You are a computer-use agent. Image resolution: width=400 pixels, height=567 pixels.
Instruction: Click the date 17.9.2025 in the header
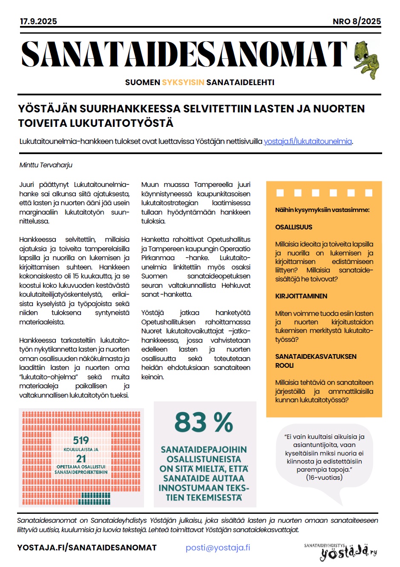38,21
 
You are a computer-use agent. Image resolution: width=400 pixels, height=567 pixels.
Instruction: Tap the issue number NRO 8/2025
357,21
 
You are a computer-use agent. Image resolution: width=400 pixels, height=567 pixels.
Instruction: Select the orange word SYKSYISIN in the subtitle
183,83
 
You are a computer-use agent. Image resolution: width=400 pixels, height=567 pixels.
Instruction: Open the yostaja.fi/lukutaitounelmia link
308,141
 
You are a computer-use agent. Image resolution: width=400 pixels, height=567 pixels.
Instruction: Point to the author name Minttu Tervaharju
46,165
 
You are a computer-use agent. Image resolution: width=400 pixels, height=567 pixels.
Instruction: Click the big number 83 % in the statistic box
204,422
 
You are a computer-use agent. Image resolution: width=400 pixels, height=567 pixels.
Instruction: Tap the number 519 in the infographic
81,440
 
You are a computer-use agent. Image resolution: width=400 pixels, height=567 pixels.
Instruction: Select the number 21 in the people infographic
81,458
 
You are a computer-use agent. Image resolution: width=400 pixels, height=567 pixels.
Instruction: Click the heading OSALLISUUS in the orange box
294,227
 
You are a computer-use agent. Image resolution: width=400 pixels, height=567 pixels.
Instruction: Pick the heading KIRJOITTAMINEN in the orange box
301,296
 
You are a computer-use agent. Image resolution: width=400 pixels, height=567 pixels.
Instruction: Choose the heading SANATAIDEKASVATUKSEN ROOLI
316,361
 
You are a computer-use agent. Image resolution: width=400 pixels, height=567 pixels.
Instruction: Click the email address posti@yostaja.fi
218,548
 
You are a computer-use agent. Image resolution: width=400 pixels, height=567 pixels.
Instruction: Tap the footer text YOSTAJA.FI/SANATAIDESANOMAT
87,548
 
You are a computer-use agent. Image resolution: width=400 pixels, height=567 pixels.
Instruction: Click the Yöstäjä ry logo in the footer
341,552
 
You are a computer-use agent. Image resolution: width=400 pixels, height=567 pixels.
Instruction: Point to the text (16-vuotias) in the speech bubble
324,478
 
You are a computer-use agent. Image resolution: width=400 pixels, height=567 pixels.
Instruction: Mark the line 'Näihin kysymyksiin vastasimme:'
322,210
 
